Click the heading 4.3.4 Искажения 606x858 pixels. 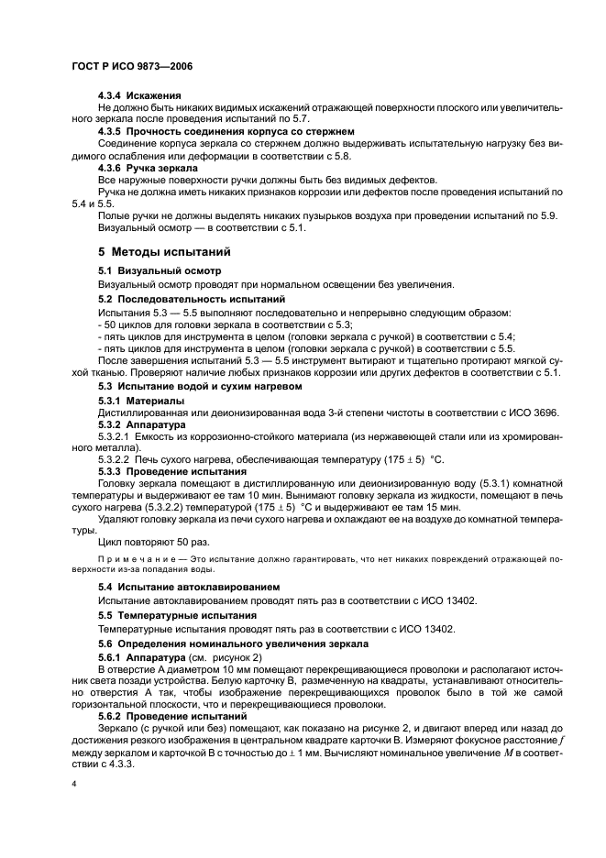(139, 95)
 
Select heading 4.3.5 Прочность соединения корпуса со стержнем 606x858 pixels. (226, 131)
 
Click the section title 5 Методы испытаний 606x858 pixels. (164, 251)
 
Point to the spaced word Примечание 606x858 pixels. (131, 558)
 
